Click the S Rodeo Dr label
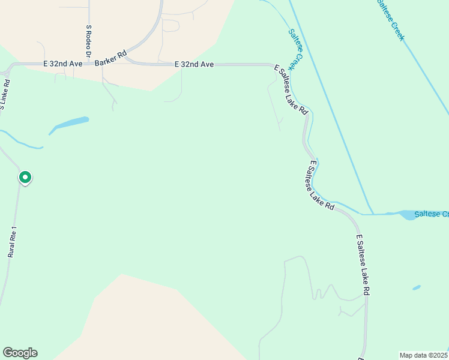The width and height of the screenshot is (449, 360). (x=88, y=41)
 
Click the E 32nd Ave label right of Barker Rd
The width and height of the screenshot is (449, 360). (x=194, y=64)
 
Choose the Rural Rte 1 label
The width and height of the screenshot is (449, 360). (x=13, y=242)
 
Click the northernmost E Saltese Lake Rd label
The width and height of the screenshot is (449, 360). (x=291, y=90)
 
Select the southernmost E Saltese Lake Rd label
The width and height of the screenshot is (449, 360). (x=363, y=265)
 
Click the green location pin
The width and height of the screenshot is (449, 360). (x=25, y=178)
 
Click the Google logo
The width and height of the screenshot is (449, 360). (x=20, y=353)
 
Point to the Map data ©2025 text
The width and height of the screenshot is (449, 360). (x=423, y=355)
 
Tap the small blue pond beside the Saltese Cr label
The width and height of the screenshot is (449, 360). (x=408, y=215)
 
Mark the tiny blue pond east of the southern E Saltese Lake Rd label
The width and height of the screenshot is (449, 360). (x=417, y=288)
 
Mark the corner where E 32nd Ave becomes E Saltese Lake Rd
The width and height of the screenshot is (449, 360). (x=274, y=65)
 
